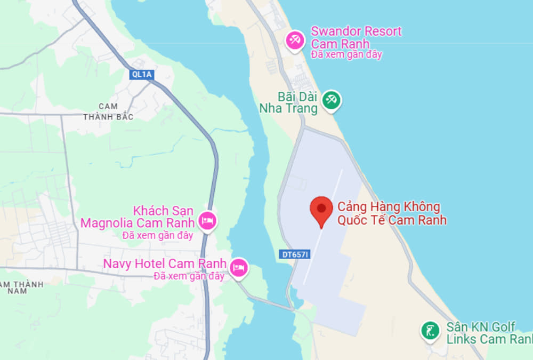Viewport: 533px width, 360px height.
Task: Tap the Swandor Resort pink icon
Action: [x=294, y=40]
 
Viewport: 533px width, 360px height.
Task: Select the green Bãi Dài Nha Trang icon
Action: [x=332, y=99]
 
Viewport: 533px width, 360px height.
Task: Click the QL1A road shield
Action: [x=141, y=75]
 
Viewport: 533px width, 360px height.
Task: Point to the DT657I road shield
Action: [x=294, y=255]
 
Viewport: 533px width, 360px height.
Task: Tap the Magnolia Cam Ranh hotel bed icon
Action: [x=207, y=220]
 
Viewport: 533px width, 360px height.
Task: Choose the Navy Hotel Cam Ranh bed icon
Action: [x=239, y=266]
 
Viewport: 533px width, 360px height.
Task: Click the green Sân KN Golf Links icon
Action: [x=429, y=330]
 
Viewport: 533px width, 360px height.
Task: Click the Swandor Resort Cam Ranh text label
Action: [x=356, y=37]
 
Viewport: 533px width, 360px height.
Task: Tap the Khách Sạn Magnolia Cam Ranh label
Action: [x=136, y=217]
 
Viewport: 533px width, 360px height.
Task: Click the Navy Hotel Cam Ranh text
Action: [x=165, y=264]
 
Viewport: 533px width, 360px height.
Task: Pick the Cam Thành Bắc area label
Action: [x=108, y=111]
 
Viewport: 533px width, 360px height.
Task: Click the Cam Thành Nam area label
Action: [x=21, y=287]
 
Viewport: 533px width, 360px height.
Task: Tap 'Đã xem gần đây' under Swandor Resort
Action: [x=346, y=54]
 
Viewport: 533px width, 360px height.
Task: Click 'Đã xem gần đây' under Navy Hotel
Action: [x=189, y=276]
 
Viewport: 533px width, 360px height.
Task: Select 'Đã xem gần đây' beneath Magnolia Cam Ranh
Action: [x=158, y=235]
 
